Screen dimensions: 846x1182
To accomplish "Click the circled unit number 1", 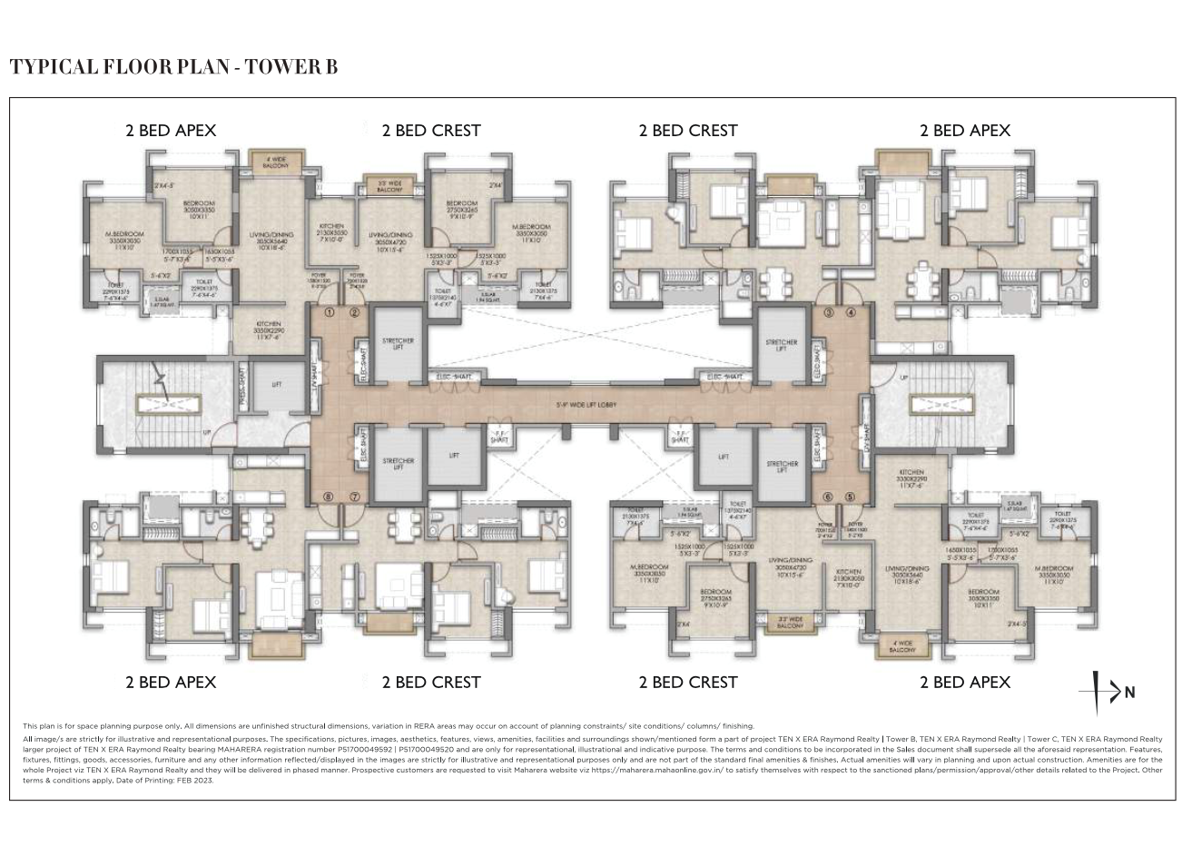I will point(330,313).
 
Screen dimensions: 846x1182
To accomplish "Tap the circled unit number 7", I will point(355,497).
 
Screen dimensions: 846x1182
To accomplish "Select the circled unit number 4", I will point(851,313).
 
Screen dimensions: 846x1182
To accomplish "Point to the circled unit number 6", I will point(827,497).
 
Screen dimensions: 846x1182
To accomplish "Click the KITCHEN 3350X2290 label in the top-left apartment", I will point(269,329).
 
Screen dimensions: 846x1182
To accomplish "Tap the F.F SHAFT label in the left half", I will point(499,436).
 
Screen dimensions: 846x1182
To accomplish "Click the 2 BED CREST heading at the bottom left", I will point(430,682).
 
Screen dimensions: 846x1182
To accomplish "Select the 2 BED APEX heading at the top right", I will point(964,130).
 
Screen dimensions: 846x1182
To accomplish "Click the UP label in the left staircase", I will point(208,432).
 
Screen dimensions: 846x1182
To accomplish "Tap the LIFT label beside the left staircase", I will point(277,385).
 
